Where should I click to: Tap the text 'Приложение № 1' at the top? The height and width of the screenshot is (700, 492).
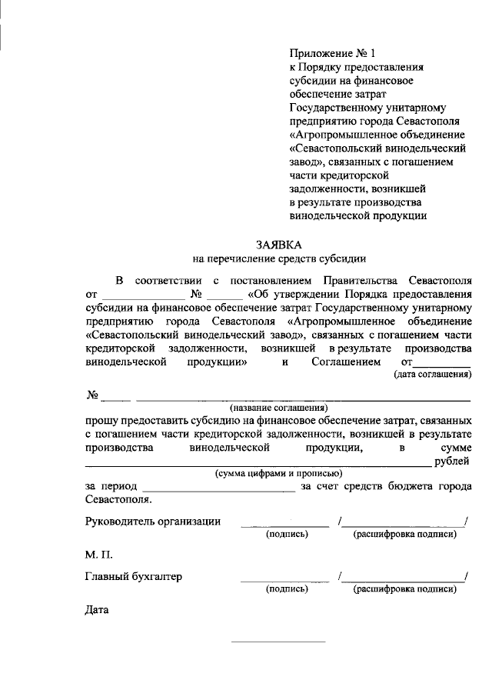click(x=333, y=53)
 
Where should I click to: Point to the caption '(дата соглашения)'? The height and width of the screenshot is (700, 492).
click(x=432, y=375)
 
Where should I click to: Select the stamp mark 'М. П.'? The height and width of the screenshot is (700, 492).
click(x=98, y=555)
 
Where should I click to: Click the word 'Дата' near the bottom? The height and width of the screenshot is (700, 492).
click(x=97, y=612)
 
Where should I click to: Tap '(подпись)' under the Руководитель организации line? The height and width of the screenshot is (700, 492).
click(x=287, y=533)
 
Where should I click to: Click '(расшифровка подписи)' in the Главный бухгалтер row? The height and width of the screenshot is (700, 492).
click(x=404, y=589)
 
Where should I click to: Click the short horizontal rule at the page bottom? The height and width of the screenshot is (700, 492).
click(x=278, y=640)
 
